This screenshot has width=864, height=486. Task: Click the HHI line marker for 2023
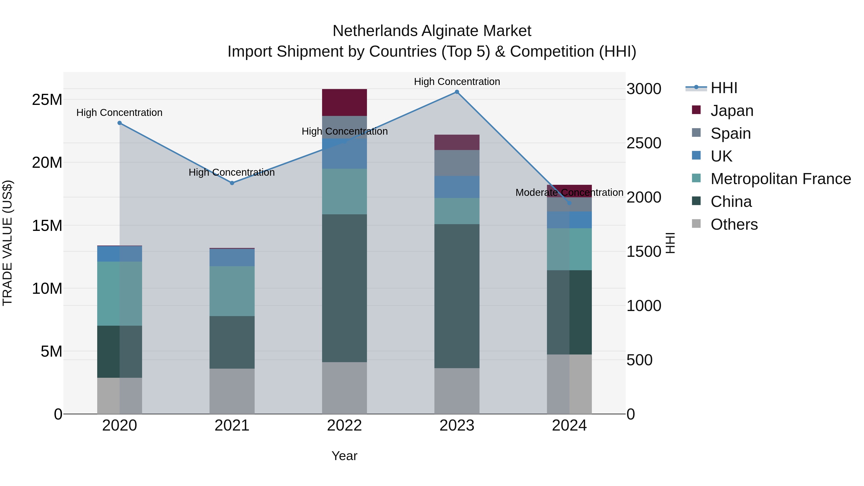tap(457, 92)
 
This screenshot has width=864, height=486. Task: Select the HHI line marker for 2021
tap(232, 183)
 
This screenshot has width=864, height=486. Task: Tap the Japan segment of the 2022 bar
tap(344, 102)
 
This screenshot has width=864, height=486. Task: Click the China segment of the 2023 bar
tap(457, 296)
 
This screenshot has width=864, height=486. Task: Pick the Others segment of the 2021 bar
tap(232, 391)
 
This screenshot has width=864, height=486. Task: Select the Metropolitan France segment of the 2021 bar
tap(232, 291)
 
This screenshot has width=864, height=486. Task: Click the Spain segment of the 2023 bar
tap(457, 163)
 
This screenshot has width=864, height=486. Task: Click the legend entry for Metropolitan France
tap(780, 179)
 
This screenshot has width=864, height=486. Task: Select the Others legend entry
tap(734, 224)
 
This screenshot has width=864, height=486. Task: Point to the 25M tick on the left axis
tap(47, 100)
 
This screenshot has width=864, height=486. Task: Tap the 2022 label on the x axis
tap(344, 426)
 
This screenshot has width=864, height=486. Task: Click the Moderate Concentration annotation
tap(569, 192)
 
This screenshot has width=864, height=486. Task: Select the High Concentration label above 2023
tap(457, 82)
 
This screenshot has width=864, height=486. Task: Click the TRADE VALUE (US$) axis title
tap(7, 243)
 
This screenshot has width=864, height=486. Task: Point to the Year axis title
tap(344, 456)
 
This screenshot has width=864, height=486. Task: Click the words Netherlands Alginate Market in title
tap(432, 31)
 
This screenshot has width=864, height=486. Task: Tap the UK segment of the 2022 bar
tap(344, 153)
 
